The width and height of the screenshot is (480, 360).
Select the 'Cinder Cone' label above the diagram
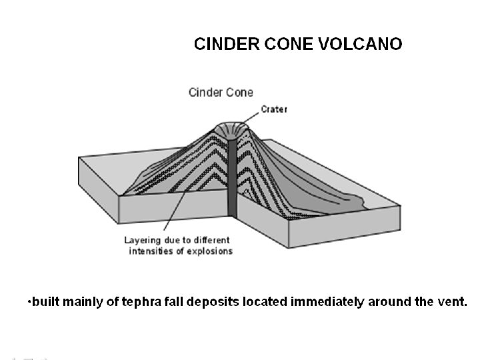click(x=221, y=93)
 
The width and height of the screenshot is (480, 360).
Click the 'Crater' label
click(x=274, y=109)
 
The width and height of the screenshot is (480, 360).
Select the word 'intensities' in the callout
click(x=151, y=251)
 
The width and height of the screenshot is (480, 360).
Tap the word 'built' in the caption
click(x=44, y=301)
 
